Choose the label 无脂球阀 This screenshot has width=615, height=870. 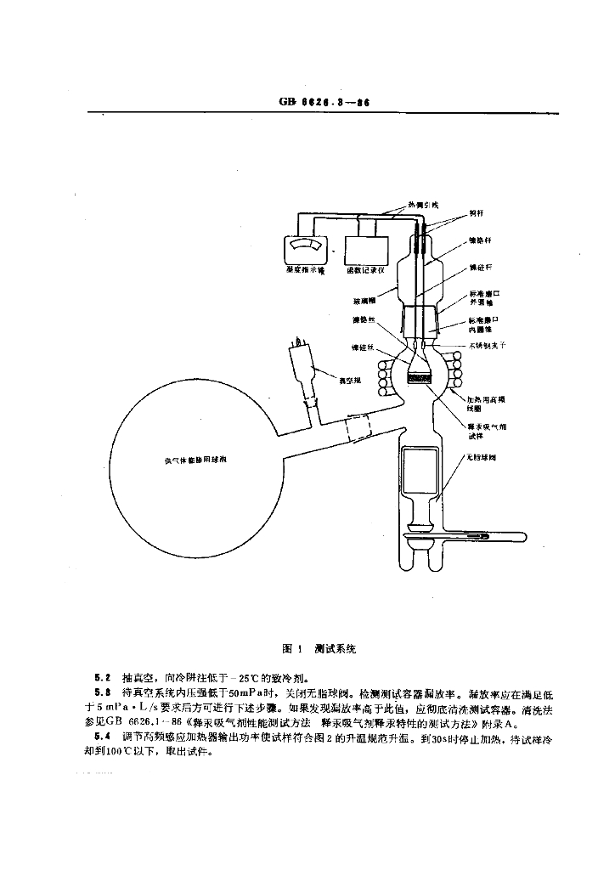480,457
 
